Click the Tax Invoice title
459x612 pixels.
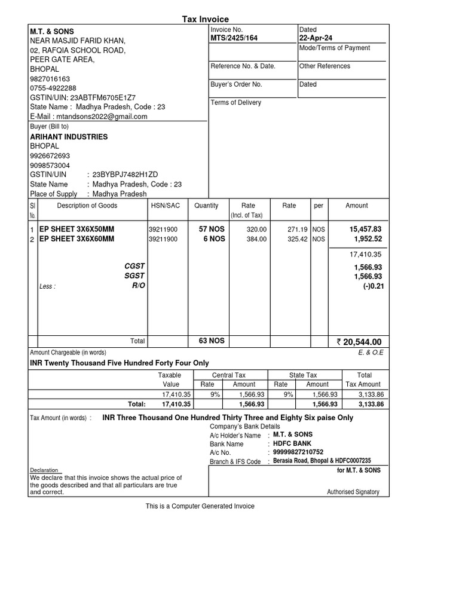[205, 20]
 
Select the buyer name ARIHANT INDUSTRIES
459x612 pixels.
[69, 137]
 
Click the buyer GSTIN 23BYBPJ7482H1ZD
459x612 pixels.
[125, 175]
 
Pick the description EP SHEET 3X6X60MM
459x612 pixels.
[76, 239]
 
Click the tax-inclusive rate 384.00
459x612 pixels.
[256, 239]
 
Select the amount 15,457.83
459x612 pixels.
[365, 229]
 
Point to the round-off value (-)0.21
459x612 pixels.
[372, 286]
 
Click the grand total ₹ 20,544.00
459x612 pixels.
[359, 342]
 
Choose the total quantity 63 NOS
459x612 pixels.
[212, 341]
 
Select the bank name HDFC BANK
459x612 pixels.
[292, 443]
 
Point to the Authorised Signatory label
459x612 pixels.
[353, 492]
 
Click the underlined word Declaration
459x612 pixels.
[45, 470]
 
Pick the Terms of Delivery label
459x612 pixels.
[236, 103]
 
